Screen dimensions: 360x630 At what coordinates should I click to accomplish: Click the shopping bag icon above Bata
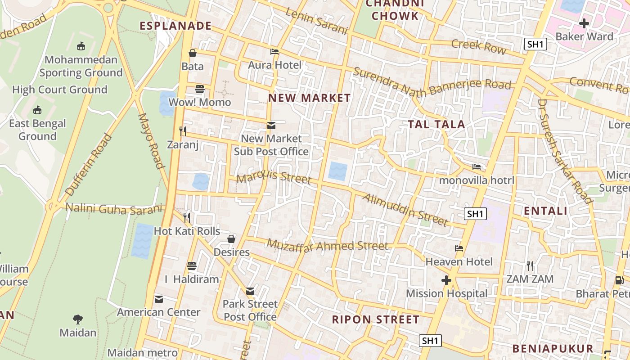point(193,53)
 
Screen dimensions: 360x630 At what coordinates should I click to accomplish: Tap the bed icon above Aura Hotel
point(274,52)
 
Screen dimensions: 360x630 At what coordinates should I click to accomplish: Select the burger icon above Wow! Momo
point(200,89)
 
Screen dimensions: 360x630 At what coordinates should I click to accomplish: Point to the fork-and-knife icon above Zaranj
point(183,131)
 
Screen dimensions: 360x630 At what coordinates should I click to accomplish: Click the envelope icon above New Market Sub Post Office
point(271,125)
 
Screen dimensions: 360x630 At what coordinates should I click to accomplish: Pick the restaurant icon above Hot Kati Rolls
point(187,218)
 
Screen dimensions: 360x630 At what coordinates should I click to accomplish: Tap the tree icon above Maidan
point(78,319)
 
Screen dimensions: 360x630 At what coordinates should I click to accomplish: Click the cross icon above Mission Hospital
point(446,280)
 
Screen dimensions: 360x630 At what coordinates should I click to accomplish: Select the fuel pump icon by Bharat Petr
point(619,280)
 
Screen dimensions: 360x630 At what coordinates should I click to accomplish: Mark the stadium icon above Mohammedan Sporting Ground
point(81,46)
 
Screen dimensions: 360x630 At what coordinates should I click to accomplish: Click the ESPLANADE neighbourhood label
point(175,26)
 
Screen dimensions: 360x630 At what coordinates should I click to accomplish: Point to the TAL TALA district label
point(436,125)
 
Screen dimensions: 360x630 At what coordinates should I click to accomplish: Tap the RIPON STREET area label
point(375,320)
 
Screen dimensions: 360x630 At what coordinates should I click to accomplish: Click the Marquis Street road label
point(274,177)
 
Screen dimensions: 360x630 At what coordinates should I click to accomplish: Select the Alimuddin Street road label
point(405,210)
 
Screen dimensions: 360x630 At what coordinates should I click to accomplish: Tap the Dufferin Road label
point(89,164)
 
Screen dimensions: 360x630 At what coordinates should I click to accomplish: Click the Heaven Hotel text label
point(459,261)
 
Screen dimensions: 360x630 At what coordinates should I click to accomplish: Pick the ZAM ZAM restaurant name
point(530,279)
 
